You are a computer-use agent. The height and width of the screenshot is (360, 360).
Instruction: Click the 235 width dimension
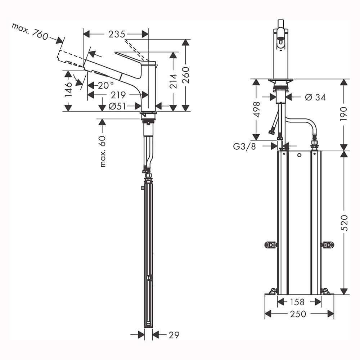117,34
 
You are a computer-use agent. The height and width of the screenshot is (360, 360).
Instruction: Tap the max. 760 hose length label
30,31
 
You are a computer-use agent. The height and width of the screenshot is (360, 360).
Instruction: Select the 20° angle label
106,85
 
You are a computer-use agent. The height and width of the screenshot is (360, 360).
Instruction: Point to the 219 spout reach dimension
118,95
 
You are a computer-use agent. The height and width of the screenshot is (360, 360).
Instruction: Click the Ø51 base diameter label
117,106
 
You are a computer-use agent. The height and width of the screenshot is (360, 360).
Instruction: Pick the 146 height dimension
68,90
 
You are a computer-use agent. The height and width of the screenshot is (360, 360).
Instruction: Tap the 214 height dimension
174,81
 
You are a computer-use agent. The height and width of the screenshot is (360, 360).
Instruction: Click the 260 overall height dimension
186,75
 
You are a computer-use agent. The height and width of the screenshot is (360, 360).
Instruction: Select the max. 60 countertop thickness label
103,152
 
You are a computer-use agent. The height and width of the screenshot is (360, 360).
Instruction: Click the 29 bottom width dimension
174,335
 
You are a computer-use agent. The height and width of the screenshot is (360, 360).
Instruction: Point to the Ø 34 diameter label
315,97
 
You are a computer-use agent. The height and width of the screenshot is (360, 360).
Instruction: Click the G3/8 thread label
244,146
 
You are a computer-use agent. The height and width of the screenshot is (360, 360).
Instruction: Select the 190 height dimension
343,114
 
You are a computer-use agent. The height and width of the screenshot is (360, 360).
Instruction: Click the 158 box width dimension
297,302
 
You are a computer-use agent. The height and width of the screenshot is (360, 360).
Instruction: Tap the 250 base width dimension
298,314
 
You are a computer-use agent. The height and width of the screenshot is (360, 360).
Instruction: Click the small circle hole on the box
299,155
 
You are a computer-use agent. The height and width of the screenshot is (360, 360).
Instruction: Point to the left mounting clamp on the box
271,245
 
